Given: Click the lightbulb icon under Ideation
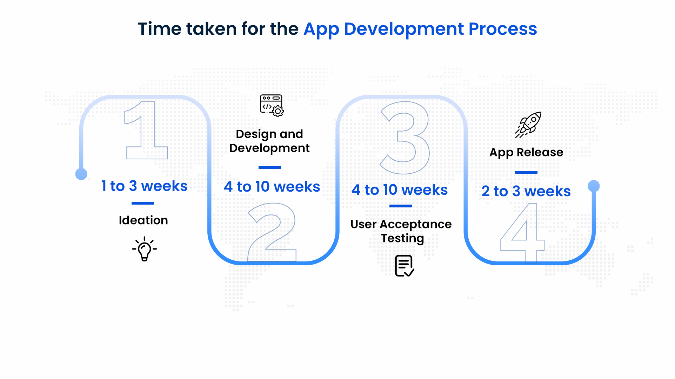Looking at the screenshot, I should (x=144, y=249).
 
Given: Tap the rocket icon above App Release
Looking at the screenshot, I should (x=529, y=125).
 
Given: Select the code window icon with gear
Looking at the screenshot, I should (x=272, y=105).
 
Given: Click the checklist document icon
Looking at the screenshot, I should (x=404, y=266).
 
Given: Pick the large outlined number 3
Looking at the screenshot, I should (x=406, y=138).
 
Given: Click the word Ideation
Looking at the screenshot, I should (x=143, y=220).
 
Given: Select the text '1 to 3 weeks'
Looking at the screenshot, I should (x=144, y=186).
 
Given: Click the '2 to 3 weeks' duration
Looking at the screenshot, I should (x=526, y=191).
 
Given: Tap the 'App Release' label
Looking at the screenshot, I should (x=526, y=152).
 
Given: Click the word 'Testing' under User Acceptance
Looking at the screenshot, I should (x=402, y=238).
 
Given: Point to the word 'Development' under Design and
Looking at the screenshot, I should (x=269, y=148).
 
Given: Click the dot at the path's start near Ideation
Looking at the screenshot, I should (x=81, y=174).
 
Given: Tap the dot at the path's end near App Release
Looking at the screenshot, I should (x=594, y=186).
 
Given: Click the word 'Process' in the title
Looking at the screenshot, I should (x=503, y=29).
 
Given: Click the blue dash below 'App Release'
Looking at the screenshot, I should (x=526, y=173).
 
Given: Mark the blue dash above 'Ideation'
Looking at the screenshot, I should (x=143, y=203).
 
